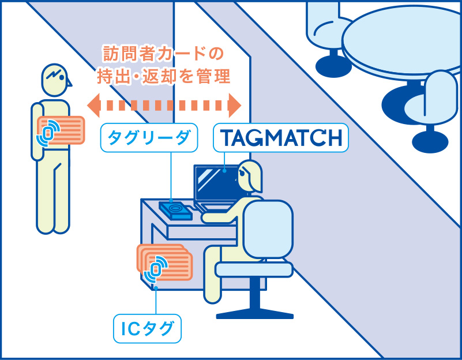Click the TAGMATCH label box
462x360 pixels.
pos(281,138)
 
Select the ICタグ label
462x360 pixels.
pos(147,329)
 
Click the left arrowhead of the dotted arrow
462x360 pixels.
pos(92,105)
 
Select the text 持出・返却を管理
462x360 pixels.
pos(163,77)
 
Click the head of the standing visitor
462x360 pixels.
pos(55,81)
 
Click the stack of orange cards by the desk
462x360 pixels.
pos(164,265)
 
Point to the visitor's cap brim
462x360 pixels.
pos(69,82)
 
